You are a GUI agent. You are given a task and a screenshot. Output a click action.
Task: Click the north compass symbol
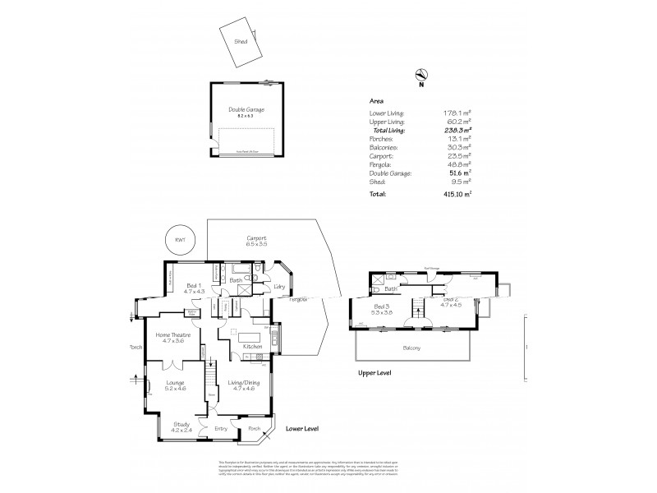pos(420,75)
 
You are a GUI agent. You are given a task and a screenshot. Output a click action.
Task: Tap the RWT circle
pos(175,239)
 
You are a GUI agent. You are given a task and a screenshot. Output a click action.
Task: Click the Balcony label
pos(412,348)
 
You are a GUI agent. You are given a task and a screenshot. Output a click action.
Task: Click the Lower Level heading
pos(301,429)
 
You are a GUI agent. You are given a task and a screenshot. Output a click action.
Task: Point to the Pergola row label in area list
pos(381,164)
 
